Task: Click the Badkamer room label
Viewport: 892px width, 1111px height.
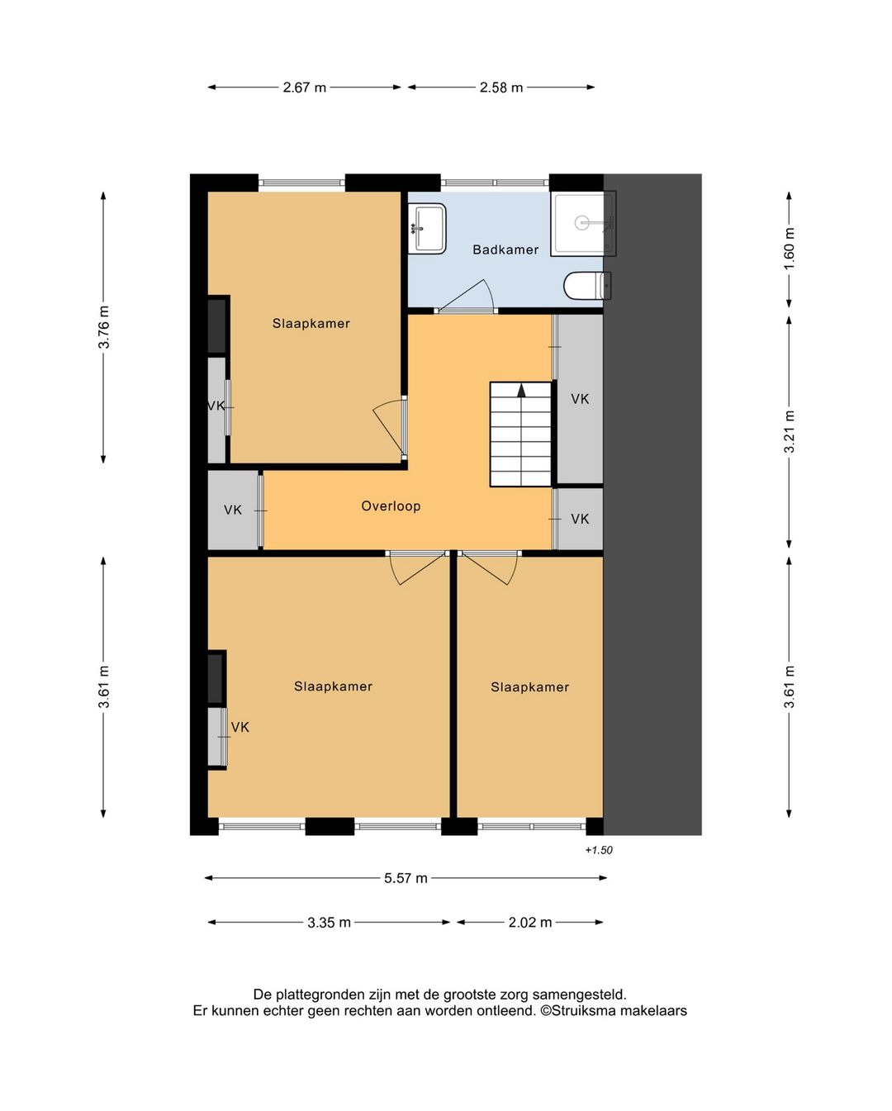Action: tap(505, 249)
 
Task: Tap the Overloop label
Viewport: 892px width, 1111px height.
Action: tap(391, 506)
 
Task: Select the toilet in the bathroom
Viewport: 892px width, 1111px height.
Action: tap(587, 286)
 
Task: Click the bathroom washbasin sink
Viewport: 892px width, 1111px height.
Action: tap(427, 228)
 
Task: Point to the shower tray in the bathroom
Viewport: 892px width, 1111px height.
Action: tap(583, 224)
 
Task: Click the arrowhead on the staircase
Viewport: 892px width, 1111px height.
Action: tap(521, 390)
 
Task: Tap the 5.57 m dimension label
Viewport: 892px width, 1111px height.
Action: tap(406, 878)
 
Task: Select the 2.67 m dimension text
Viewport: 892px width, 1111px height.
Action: tap(305, 88)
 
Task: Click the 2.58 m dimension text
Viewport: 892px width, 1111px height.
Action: tap(501, 88)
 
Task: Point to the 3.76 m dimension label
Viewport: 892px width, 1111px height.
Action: tap(104, 327)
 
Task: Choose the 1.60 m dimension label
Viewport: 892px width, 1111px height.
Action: tap(790, 249)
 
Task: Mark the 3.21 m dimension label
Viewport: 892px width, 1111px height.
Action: tap(790, 431)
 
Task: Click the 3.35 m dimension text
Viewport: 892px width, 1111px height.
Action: tap(329, 923)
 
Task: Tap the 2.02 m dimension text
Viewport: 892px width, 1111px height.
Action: tap(530, 923)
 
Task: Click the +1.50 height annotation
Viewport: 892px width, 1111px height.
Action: tap(599, 850)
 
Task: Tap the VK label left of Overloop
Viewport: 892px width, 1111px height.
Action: tap(233, 510)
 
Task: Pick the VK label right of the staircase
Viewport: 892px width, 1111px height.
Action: tap(580, 398)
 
